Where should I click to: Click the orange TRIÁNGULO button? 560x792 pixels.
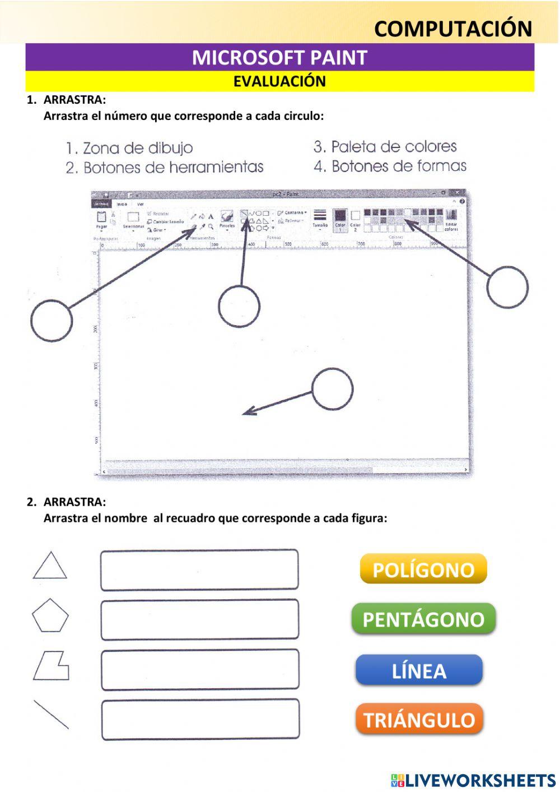click(419, 720)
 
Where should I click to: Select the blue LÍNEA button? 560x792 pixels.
click(419, 670)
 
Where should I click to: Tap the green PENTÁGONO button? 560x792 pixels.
click(423, 619)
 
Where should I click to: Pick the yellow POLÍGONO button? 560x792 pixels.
click(423, 569)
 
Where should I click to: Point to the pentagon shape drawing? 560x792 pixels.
click(50, 616)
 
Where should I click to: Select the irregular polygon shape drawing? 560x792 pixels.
click(51, 666)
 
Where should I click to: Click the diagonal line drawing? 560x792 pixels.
click(51, 715)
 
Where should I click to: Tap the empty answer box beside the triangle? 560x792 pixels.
click(199, 570)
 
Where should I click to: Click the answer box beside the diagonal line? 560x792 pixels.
click(200, 719)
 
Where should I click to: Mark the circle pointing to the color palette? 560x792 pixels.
click(507, 287)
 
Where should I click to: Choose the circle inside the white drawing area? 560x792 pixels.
click(332, 389)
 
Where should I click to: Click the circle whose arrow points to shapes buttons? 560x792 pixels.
click(239, 306)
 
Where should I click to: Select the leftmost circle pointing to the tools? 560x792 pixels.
click(52, 321)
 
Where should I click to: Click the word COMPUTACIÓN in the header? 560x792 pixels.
click(453, 29)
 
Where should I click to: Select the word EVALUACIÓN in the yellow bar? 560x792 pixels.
click(279, 82)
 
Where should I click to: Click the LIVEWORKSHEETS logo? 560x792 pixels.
click(473, 780)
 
